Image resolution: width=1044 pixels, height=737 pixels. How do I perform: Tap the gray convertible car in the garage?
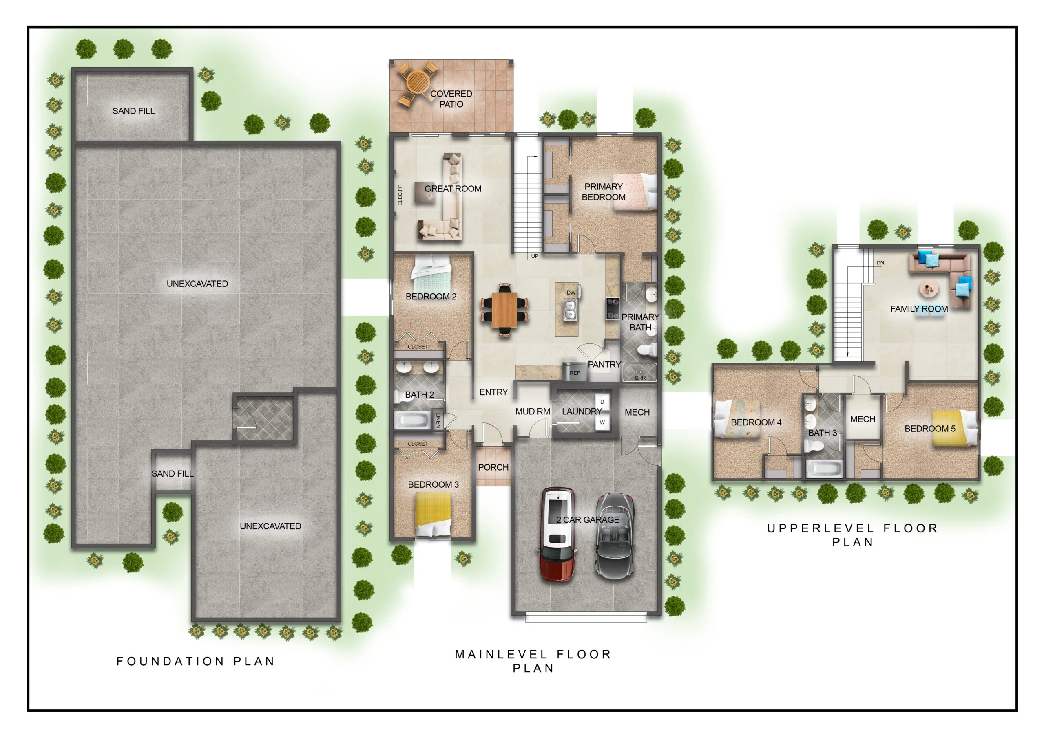click(615, 536)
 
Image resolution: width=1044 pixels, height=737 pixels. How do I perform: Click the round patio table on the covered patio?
click(418, 82)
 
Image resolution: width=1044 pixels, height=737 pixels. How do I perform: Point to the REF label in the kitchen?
click(575, 373)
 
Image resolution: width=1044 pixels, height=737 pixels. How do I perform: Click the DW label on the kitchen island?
click(571, 293)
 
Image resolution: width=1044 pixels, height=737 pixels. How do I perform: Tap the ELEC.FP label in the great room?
click(400, 195)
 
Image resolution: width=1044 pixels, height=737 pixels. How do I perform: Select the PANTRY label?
click(604, 364)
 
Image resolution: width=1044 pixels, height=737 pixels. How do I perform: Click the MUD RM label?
click(533, 411)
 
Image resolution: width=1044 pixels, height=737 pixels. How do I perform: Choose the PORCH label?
click(493, 467)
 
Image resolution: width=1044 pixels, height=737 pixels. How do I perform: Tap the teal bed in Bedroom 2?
click(431, 274)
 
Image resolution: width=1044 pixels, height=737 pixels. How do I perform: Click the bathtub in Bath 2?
click(412, 420)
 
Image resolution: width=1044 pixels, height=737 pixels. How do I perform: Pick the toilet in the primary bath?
click(648, 350)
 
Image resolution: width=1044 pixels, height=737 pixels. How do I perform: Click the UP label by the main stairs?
click(535, 256)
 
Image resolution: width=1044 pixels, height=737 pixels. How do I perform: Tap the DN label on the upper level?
click(880, 263)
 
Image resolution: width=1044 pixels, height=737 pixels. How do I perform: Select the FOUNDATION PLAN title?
click(195, 661)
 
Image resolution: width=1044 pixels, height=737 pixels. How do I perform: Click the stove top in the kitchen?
click(613, 308)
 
